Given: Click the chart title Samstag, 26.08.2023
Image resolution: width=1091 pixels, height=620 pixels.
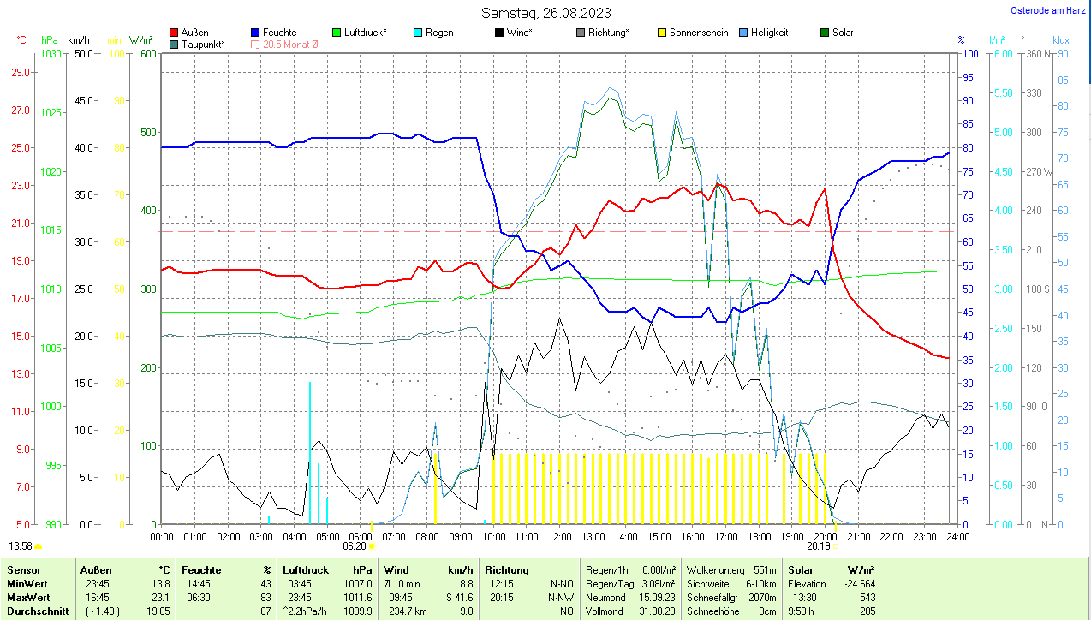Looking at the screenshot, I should tap(545, 13).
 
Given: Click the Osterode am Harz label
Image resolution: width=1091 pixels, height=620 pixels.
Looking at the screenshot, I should tap(1049, 10).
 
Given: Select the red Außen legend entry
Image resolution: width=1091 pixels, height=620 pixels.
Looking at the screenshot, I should tap(189, 33).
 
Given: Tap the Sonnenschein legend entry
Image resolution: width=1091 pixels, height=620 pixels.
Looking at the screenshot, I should tap(693, 33).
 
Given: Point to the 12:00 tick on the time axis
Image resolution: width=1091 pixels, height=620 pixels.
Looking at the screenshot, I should tap(559, 536).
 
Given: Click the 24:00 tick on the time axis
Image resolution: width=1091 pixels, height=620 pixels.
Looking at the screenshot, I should tap(957, 536).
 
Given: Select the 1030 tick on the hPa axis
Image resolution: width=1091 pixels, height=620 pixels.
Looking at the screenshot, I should tap(51, 53).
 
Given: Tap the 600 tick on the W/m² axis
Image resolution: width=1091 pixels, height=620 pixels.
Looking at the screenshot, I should tap(148, 53).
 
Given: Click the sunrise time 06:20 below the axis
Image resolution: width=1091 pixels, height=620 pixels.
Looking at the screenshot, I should tap(355, 546).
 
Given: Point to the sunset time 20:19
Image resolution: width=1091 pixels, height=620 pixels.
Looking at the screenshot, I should tap(819, 546).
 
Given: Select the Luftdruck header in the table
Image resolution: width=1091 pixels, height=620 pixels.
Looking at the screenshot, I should tap(306, 569).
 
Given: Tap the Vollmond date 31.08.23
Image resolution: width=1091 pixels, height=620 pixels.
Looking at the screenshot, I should tap(658, 611).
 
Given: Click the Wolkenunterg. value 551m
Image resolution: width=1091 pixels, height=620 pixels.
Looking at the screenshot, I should tap(765, 569).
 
